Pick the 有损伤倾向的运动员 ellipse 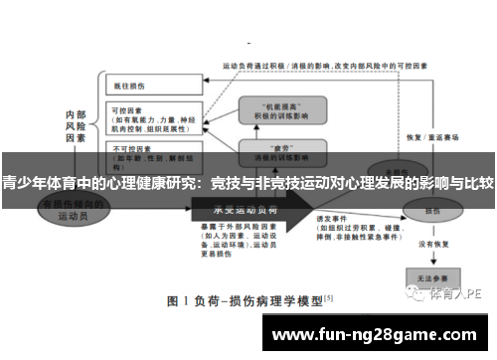coord(71,208)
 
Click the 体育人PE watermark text coord(458,293)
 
